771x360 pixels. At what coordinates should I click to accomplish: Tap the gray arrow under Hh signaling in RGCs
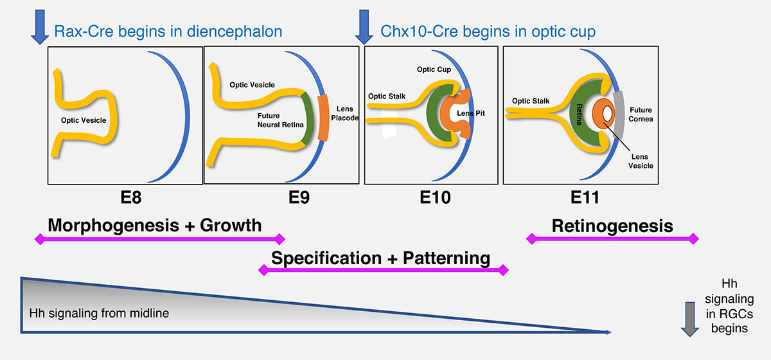690,323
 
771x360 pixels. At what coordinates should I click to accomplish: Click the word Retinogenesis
612,226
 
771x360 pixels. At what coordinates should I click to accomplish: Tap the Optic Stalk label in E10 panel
387,96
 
